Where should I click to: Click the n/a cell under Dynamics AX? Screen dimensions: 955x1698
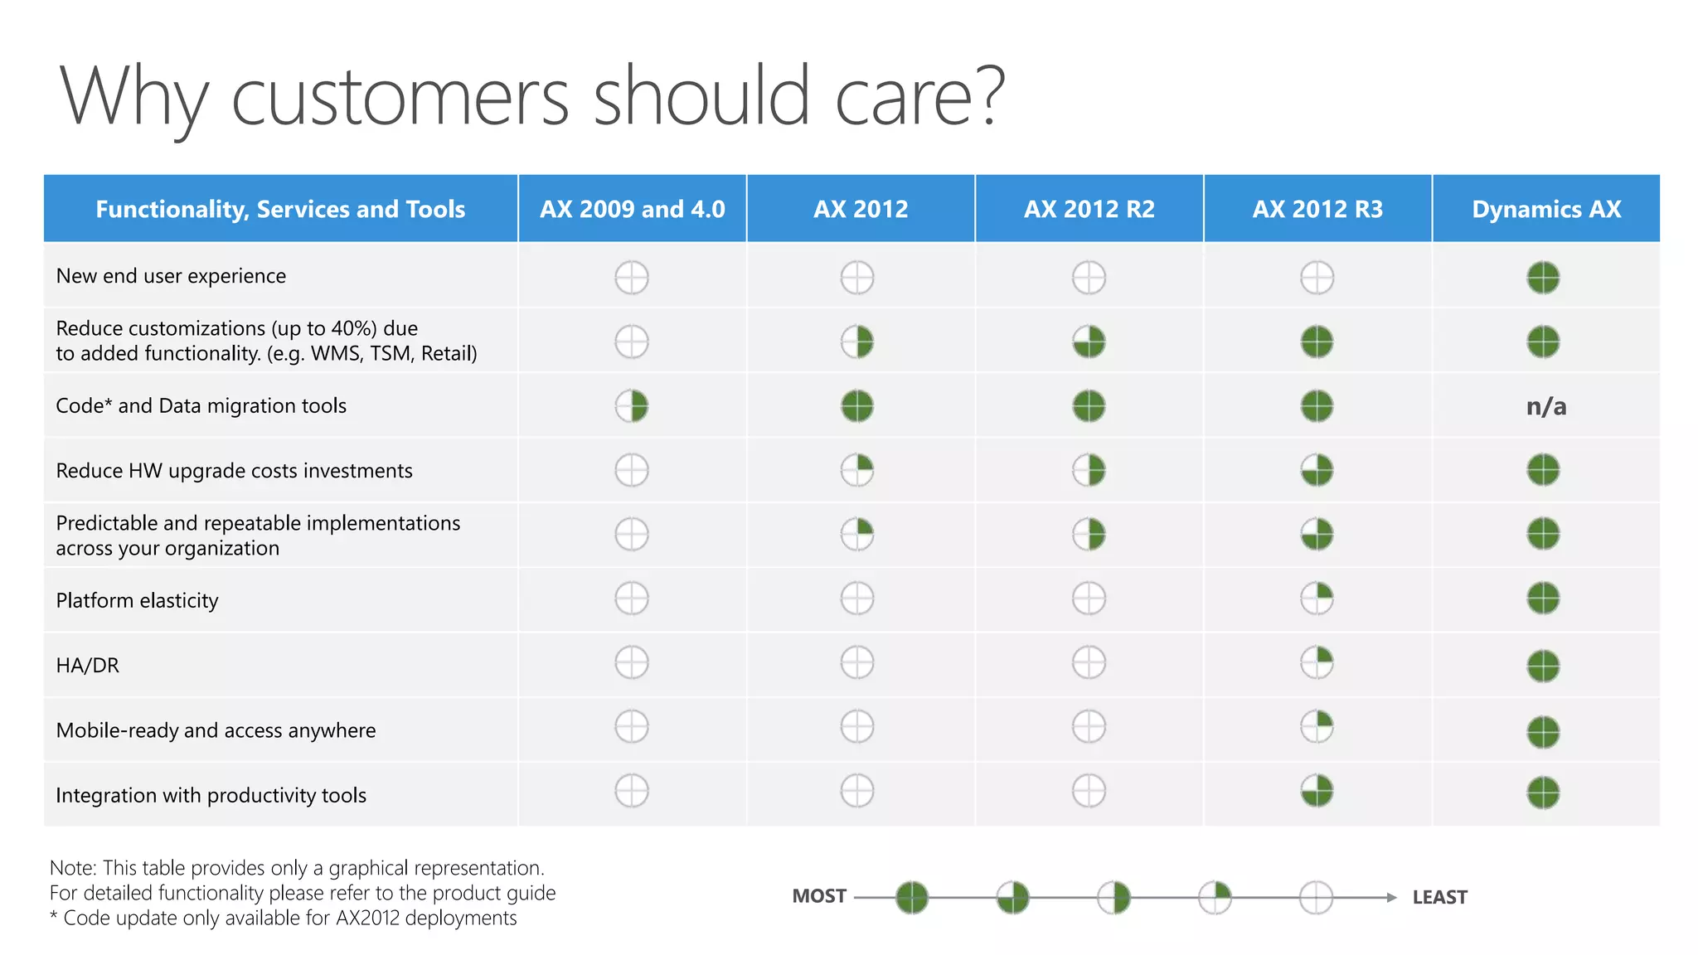point(1546,406)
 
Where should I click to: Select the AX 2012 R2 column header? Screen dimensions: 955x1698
point(1089,209)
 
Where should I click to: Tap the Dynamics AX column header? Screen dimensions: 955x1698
point(1546,209)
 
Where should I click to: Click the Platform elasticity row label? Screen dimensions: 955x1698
point(138,600)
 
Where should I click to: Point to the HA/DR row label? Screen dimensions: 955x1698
point(88,665)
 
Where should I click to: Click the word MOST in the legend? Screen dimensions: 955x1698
point(819,896)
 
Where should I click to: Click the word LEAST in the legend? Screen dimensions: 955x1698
point(1439,897)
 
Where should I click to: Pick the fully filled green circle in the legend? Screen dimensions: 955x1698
point(912,897)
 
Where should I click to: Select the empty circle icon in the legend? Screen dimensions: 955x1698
point(1316,897)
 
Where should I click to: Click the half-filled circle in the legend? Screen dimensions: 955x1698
point(1113,897)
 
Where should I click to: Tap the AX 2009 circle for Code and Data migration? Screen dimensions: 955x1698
point(632,406)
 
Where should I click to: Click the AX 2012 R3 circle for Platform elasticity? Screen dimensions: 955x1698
point(1317,598)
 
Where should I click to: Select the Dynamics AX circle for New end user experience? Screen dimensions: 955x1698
point(1543,278)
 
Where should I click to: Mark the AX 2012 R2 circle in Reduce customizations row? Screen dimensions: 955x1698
point(1089,342)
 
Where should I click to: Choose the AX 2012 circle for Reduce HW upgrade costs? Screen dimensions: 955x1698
point(857,470)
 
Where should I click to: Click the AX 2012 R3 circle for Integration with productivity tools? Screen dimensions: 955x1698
point(1317,791)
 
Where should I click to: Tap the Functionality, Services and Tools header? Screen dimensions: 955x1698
point(280,209)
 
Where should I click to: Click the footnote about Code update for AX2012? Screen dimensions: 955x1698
point(284,918)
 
